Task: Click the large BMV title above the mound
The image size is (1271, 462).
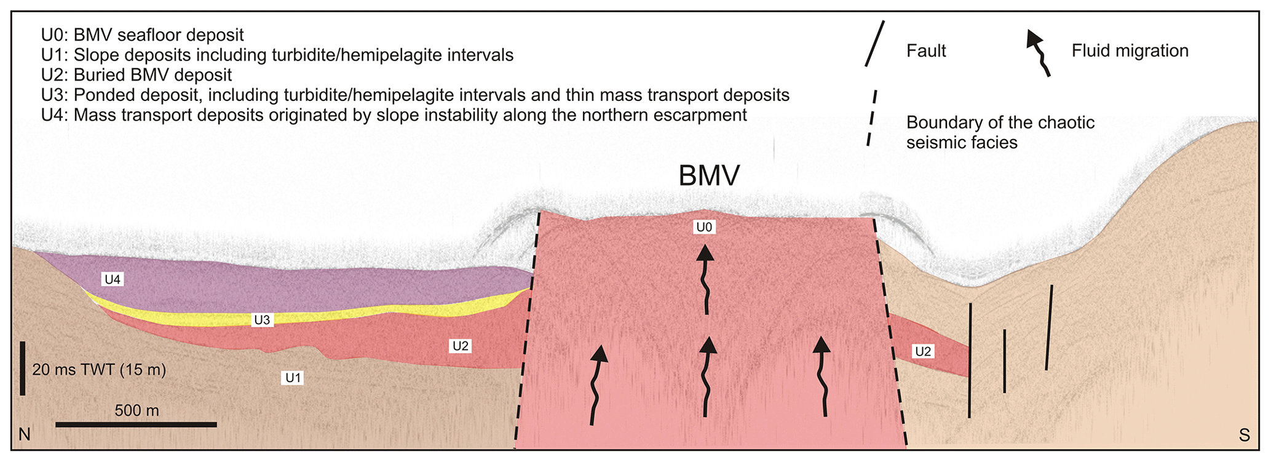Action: pyautogui.click(x=708, y=177)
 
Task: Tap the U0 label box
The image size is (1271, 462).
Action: pyautogui.click(x=704, y=228)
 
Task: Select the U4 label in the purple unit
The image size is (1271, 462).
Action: pyautogui.click(x=113, y=280)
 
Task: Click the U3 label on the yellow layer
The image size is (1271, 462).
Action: pyautogui.click(x=262, y=320)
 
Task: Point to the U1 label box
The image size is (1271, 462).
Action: pyautogui.click(x=293, y=378)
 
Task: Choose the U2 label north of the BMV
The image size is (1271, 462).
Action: pyautogui.click(x=461, y=346)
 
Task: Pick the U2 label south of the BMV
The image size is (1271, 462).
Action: pyautogui.click(x=922, y=351)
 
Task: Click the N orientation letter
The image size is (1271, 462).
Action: pyautogui.click(x=25, y=435)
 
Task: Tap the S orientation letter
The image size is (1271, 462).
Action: pyautogui.click(x=1244, y=436)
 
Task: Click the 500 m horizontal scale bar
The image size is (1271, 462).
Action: pyautogui.click(x=136, y=424)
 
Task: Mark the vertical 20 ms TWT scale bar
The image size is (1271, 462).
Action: pyautogui.click(x=23, y=368)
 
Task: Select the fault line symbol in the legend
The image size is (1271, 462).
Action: pyautogui.click(x=874, y=44)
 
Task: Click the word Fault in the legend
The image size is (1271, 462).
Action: pyautogui.click(x=925, y=51)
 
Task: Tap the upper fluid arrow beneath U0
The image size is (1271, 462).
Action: pyautogui.click(x=706, y=280)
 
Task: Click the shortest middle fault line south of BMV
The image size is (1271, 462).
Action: pyautogui.click(x=1004, y=361)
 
